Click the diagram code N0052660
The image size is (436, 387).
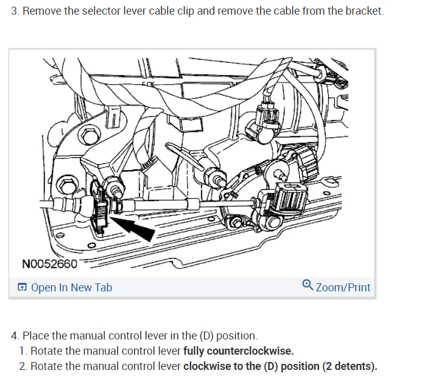click(50, 264)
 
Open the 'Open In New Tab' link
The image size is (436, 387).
click(71, 287)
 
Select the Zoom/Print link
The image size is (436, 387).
click(343, 287)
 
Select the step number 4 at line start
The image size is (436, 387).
click(15, 336)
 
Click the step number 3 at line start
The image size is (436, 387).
click(15, 12)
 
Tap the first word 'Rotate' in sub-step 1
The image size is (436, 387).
click(46, 351)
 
